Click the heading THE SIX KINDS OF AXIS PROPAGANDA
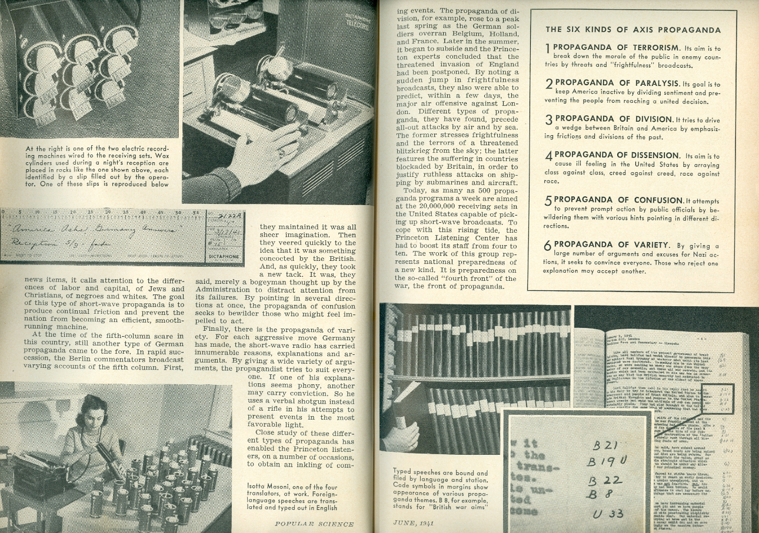pyautogui.click(x=632, y=29)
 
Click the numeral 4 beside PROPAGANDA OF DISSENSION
pyautogui.click(x=548, y=157)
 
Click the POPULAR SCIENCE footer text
pyautogui.click(x=314, y=524)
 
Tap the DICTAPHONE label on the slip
pyautogui.click(x=222, y=256)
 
